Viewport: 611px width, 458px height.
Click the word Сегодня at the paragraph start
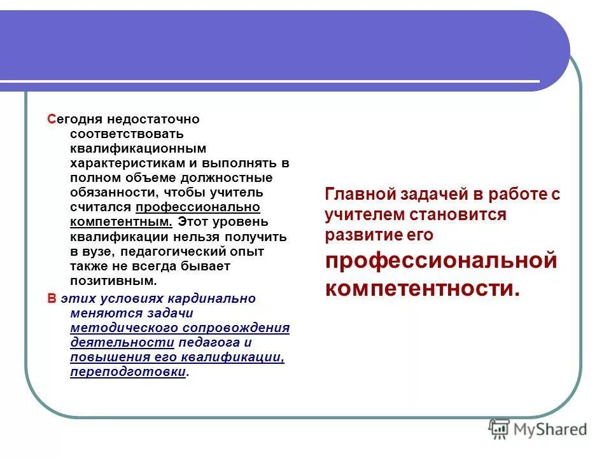68,119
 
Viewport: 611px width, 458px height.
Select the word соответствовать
127,134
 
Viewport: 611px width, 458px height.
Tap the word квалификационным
138,148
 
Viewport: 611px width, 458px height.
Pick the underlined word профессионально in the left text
197,207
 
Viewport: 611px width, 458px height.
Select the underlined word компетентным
121,222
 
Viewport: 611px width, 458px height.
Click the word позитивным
113,281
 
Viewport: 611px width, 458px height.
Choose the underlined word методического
123,328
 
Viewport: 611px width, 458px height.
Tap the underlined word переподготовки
128,372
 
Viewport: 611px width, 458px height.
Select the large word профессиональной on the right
441,261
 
